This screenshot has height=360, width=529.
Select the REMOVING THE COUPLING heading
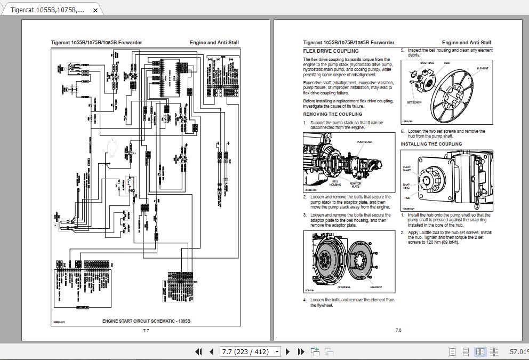click(332, 114)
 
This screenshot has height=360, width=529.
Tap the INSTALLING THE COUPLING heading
click(431, 144)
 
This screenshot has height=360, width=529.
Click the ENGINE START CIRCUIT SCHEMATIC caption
click(146, 321)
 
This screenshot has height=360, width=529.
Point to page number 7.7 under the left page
click(146, 331)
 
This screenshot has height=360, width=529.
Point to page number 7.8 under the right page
click(398, 331)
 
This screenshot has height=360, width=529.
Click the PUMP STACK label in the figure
click(364, 142)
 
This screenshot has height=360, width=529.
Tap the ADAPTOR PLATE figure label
click(355, 185)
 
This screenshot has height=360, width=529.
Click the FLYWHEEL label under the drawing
click(343, 287)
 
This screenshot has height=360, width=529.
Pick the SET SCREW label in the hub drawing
click(414, 102)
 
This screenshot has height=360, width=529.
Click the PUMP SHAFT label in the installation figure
click(406, 169)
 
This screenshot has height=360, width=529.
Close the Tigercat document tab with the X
click(95, 10)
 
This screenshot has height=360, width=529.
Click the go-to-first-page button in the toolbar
click(199, 351)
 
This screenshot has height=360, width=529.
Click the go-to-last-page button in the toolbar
click(300, 351)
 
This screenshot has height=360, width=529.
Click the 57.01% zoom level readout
click(518, 351)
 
